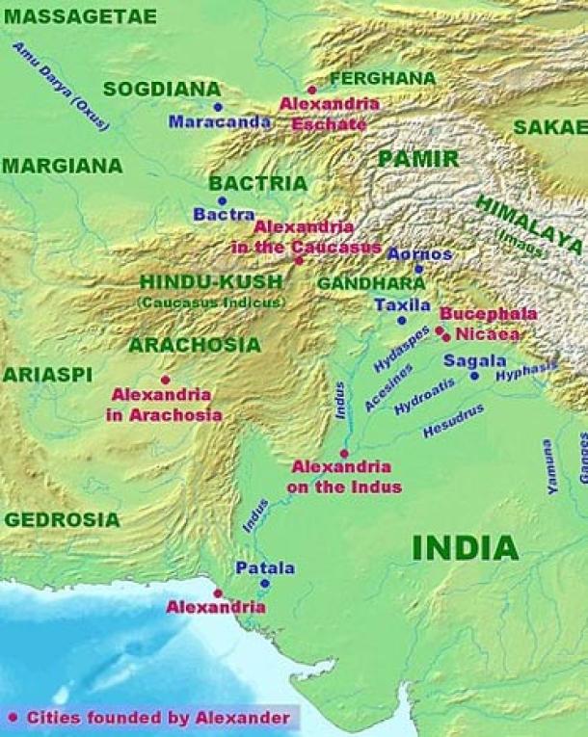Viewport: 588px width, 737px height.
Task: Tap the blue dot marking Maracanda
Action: [x=218, y=107]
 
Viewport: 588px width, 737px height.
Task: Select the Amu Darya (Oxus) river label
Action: [x=61, y=87]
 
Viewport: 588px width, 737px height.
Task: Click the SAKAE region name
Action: [x=549, y=127]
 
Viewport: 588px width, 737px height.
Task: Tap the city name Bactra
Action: [x=224, y=215]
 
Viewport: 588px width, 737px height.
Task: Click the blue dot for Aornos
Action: [x=418, y=270]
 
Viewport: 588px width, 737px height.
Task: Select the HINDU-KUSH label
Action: [x=211, y=282]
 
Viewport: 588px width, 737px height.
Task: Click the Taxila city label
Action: [x=403, y=304]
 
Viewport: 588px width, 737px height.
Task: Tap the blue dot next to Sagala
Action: [x=474, y=376]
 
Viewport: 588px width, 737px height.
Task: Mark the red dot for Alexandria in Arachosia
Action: [x=166, y=380]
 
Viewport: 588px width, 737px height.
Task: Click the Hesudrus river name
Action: [x=453, y=421]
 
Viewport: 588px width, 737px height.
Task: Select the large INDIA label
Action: [x=465, y=548]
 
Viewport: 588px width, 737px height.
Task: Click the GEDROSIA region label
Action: [x=62, y=520]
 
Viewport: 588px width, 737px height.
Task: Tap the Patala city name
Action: [x=265, y=567]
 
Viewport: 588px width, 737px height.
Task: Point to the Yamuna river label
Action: [x=550, y=467]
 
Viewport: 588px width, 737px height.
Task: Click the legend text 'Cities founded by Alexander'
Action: [x=158, y=718]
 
